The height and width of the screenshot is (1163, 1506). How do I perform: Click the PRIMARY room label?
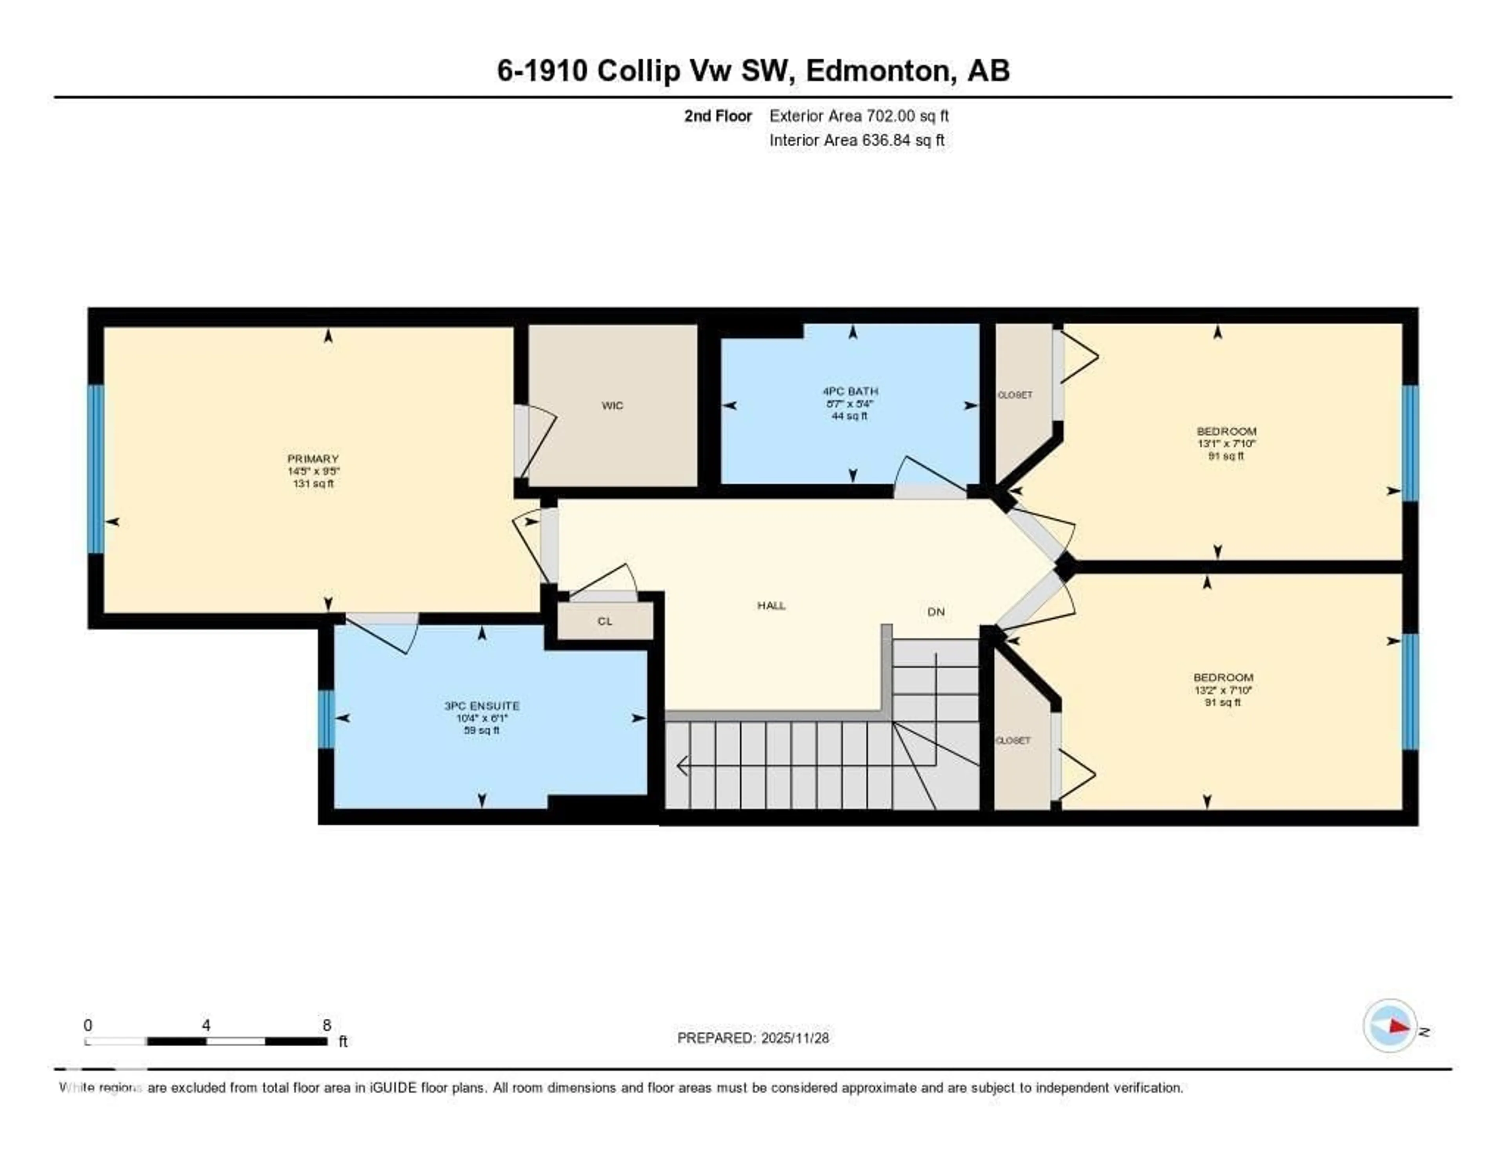tap(313, 458)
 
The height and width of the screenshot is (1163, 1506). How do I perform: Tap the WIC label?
tap(612, 405)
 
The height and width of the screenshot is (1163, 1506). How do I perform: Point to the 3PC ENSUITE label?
tap(481, 706)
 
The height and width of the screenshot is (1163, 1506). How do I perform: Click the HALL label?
tap(771, 605)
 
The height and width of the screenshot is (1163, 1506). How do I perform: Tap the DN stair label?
tap(936, 611)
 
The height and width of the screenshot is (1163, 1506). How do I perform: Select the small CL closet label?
tap(605, 621)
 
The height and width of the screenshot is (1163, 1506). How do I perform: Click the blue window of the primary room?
tap(96, 469)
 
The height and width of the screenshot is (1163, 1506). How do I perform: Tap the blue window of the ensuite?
tap(326, 719)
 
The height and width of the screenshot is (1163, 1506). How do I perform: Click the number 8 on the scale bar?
tap(327, 1025)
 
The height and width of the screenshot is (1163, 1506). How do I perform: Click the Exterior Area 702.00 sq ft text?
tap(858, 116)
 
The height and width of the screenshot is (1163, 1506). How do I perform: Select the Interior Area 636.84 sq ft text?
tap(857, 140)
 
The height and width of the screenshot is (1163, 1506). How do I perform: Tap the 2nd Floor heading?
tap(717, 116)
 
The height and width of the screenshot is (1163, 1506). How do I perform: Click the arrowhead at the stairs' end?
tap(683, 766)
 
